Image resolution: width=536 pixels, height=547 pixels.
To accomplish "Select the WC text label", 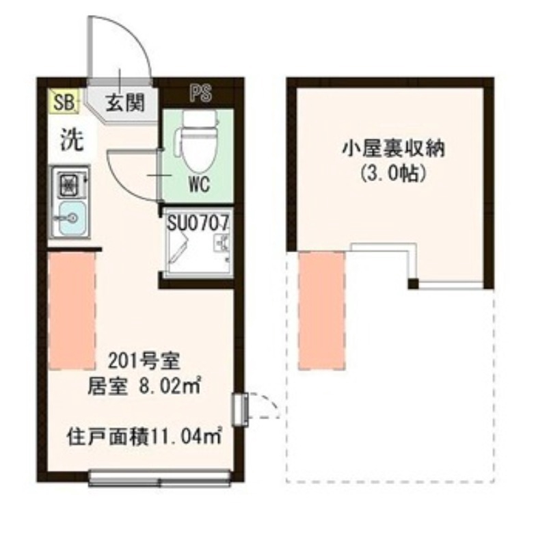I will (x=199, y=185).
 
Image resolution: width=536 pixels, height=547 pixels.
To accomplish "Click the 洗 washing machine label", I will (x=70, y=140).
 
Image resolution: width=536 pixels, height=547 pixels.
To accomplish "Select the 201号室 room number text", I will (x=143, y=358).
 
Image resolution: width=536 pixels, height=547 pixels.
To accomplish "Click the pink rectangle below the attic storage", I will (x=321, y=310).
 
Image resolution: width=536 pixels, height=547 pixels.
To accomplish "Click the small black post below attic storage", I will (x=412, y=283).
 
